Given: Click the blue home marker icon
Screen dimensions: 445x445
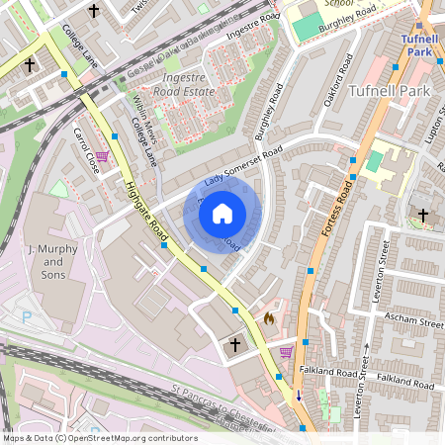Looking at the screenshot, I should point(222,213).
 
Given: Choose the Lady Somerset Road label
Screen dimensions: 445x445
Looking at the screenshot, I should point(243,168).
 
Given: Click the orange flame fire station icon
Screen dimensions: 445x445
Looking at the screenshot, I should point(269,318).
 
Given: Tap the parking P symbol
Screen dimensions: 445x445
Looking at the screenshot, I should point(28,318).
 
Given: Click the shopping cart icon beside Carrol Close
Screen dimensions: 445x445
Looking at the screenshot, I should point(101,156).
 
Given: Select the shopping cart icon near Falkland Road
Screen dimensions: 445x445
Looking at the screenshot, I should point(286,351).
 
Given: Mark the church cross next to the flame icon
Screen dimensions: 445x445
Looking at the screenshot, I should point(235,344).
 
